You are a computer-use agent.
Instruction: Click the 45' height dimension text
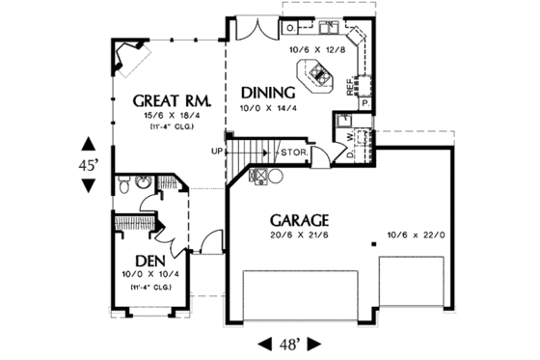tap(89, 165)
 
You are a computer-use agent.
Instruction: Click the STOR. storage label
tap(293, 152)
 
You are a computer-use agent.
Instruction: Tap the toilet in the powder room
tap(142, 181)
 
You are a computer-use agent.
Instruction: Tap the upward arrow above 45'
tap(89, 147)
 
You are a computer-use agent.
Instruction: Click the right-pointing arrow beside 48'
tap(325, 343)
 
